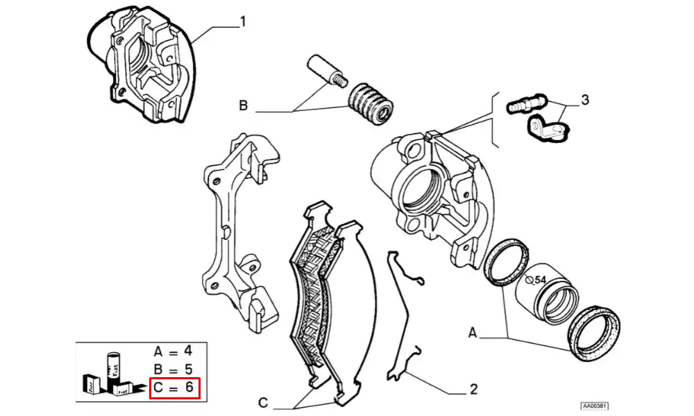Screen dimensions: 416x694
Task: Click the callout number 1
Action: (242, 22)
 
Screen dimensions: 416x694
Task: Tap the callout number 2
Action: (473, 390)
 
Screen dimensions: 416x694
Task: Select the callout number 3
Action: (585, 101)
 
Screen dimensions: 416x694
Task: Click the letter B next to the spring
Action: (243, 106)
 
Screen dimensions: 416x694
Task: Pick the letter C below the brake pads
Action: (263, 403)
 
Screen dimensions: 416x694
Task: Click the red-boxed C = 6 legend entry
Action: (175, 388)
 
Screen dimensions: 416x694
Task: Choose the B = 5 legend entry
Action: (175, 370)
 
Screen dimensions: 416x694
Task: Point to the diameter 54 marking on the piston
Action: (537, 280)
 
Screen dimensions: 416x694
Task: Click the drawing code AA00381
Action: (595, 406)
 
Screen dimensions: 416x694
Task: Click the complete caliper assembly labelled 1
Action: (144, 67)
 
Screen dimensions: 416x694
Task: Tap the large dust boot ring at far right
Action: (594, 333)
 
